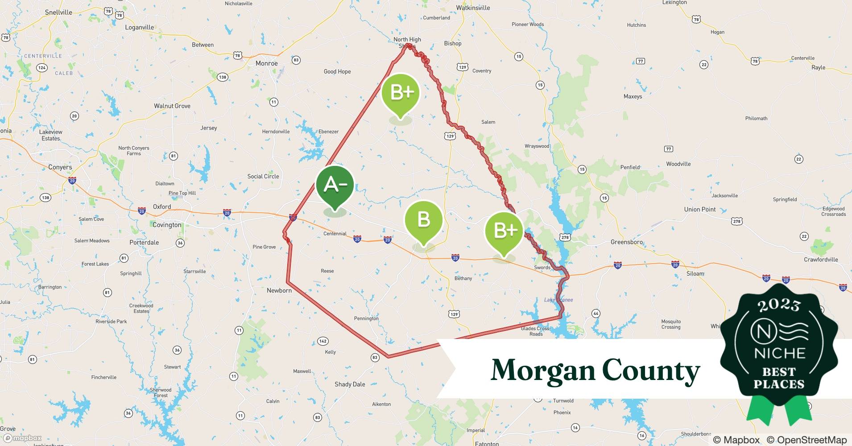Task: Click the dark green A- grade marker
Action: click(335, 185)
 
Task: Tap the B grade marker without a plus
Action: click(423, 220)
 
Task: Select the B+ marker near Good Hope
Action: click(401, 93)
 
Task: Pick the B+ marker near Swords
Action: click(504, 231)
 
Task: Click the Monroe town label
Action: click(267, 63)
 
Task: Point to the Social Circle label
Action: click(263, 176)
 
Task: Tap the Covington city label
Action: click(167, 225)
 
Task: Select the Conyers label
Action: click(60, 167)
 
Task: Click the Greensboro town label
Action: click(627, 242)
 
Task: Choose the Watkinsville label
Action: click(473, 8)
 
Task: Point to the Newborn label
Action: click(279, 290)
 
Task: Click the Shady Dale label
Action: click(350, 384)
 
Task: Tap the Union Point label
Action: click(700, 209)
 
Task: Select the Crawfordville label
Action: click(821, 260)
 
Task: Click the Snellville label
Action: click(58, 12)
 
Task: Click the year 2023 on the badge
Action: click(779, 305)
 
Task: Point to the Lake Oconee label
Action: click(558, 300)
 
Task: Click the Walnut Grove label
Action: click(172, 106)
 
